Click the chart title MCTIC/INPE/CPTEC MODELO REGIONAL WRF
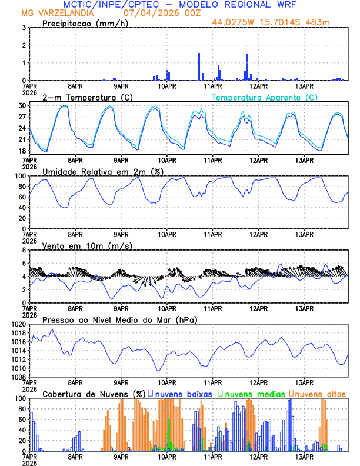point(179,4)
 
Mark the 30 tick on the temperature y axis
point(21,106)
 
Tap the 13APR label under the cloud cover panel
point(304,457)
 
